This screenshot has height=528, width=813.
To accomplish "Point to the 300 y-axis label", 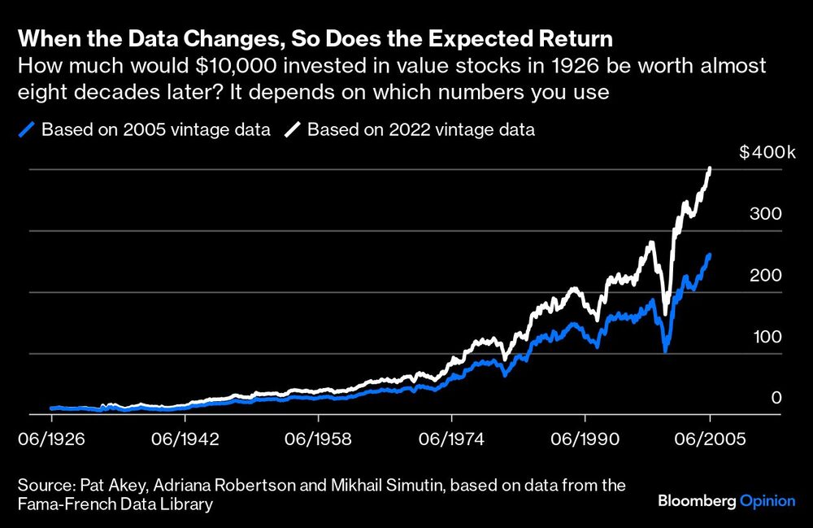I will tap(765, 214).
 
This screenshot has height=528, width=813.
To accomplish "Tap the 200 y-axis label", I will tap(765, 275).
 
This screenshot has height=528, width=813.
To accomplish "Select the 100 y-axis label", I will tap(765, 337).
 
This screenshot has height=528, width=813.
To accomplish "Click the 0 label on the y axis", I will tap(776, 398).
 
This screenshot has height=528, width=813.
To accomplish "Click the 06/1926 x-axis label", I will tap(51, 438).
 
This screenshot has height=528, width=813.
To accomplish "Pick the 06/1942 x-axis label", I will tap(185, 438).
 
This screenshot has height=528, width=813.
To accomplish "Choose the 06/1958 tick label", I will tap(319, 438).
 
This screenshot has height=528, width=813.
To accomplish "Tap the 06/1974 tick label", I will tap(452, 438).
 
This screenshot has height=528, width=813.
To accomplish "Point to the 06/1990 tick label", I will tap(585, 438).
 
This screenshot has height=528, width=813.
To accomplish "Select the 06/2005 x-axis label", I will tap(711, 438).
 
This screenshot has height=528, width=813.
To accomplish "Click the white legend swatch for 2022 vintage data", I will tap(293, 129).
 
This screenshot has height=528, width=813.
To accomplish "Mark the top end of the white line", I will tap(711, 168).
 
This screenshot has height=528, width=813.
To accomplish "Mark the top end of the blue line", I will tap(710, 255).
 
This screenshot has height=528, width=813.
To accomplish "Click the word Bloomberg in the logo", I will tap(696, 501).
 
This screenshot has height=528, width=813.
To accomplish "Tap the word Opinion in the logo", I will tap(767, 501).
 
